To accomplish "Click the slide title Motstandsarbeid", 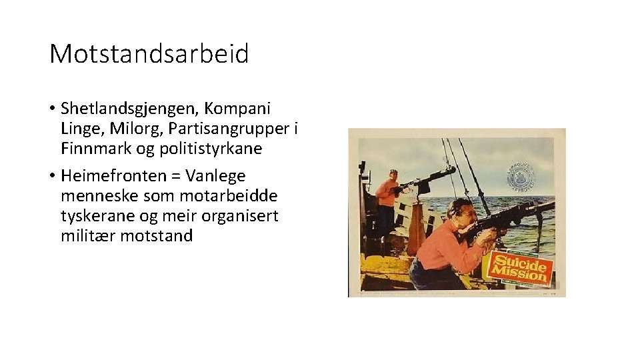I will [149, 53].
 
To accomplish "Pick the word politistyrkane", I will [211, 148].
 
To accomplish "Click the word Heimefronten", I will [113, 176].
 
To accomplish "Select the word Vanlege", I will [216, 176].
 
